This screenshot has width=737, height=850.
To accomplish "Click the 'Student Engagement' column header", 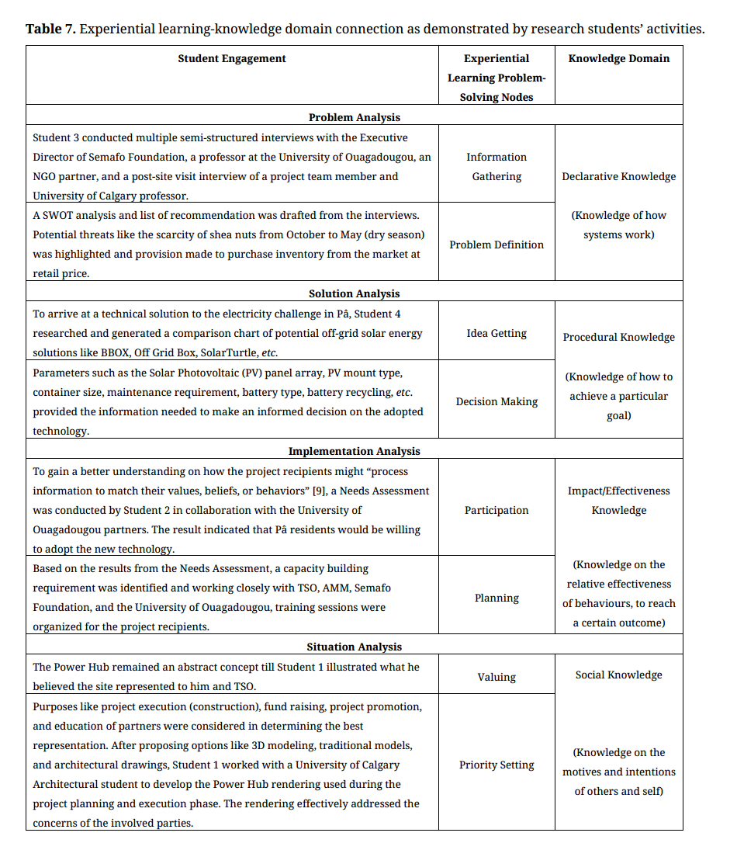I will (232, 58).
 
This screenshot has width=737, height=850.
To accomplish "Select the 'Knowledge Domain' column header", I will (618, 58).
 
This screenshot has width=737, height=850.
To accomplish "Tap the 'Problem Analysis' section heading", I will (355, 117).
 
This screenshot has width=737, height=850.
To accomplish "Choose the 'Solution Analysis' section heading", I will (355, 293).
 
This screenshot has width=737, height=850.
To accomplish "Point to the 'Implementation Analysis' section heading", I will (355, 451).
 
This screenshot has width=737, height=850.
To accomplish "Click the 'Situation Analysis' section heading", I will (355, 647).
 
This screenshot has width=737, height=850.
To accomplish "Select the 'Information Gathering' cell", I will (497, 167).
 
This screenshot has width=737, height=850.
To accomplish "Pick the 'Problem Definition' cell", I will (497, 245).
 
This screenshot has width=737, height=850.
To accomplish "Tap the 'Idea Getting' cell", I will (497, 333).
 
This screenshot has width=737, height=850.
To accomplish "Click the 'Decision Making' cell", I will (497, 401).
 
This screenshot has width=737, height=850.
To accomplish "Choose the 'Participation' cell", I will (497, 510).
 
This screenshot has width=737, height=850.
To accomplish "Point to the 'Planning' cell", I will (497, 598).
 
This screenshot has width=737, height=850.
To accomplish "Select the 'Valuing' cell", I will (497, 677).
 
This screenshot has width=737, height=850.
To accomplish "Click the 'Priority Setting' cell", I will (497, 765).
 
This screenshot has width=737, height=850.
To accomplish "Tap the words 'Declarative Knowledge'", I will (618, 176).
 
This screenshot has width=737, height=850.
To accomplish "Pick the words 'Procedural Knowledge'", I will (618, 337).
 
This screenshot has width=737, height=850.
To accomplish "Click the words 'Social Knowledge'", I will (618, 675).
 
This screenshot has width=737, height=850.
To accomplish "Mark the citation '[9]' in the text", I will (318, 491).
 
